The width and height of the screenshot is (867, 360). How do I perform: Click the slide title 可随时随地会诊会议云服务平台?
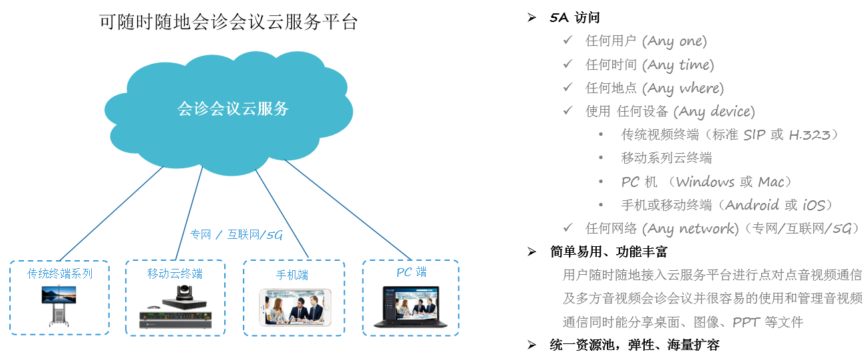[x=228, y=23]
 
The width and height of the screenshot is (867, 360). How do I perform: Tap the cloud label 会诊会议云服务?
[x=233, y=108]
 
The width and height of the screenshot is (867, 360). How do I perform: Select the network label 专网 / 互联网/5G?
[x=236, y=234]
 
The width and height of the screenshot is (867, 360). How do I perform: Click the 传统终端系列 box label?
[x=60, y=273]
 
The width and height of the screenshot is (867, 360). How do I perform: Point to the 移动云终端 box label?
[x=175, y=273]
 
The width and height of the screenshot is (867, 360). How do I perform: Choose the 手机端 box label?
[x=292, y=275]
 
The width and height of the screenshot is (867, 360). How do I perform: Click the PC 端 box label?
[x=411, y=272]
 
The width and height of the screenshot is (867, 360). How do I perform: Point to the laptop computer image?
[x=411, y=307]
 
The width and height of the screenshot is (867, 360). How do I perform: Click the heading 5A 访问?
[x=575, y=18]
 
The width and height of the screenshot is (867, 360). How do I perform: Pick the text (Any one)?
[x=674, y=41]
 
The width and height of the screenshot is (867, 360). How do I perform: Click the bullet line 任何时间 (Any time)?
[x=649, y=65]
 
